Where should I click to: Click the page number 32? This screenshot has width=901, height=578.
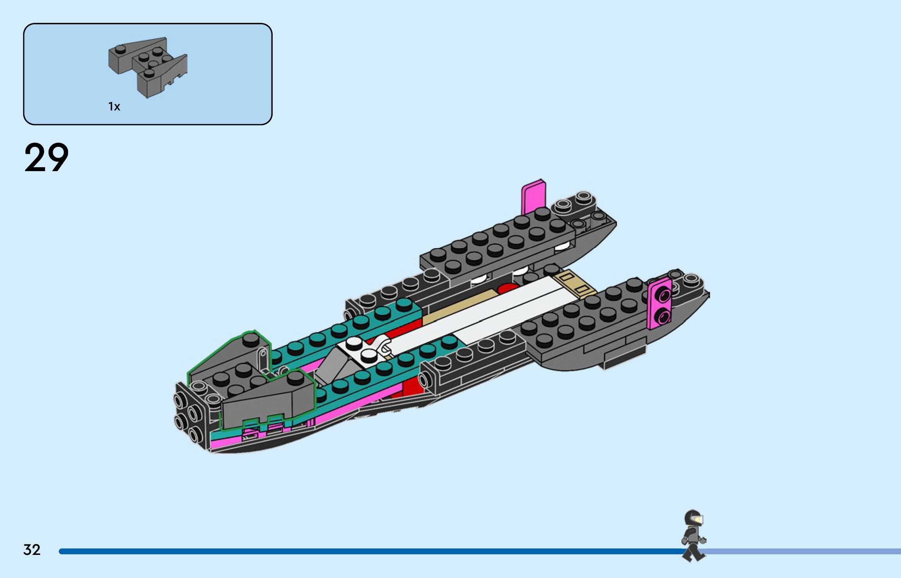click(32, 549)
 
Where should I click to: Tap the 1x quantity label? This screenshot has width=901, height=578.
click(114, 107)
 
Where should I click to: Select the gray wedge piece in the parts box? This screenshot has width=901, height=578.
click(147, 67)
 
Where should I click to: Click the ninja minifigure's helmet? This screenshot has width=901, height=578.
click(693, 518)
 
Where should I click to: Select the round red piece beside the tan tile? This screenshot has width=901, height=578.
click(508, 289)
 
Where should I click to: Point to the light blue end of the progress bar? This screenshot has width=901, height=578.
click(802, 551)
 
